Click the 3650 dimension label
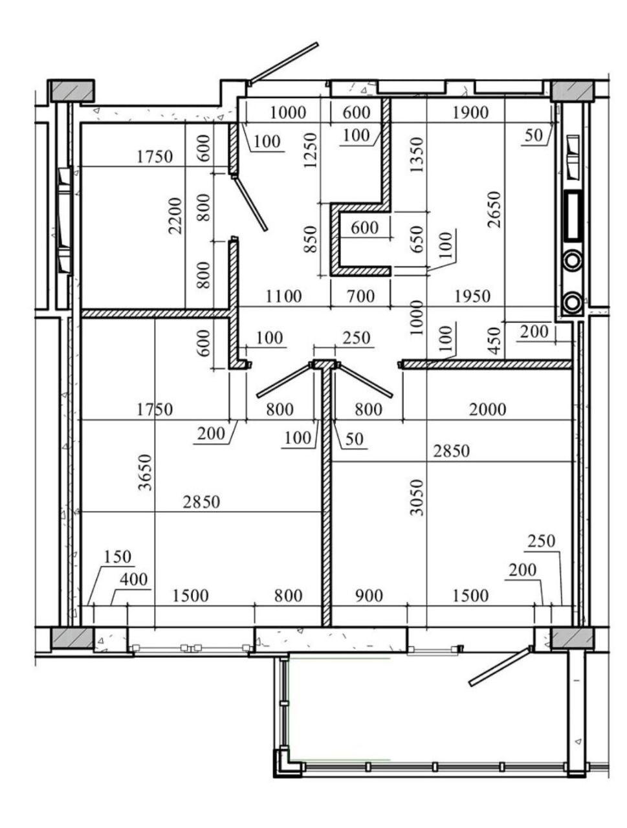click(x=144, y=472)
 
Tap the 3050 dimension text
click(x=417, y=497)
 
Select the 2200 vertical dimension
click(x=175, y=216)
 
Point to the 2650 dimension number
click(x=494, y=210)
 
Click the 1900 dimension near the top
click(x=470, y=113)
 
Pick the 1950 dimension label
click(x=472, y=296)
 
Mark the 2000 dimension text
click(x=487, y=409)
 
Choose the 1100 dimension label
click(x=283, y=296)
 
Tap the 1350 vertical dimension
click(x=417, y=155)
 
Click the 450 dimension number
click(x=494, y=341)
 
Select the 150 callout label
click(x=117, y=556)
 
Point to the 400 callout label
click(x=133, y=580)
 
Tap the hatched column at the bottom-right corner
click(x=572, y=638)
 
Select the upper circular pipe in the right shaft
click(x=573, y=261)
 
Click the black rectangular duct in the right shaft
click(x=573, y=215)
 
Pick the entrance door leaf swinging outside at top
click(x=283, y=62)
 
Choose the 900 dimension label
click(x=369, y=596)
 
